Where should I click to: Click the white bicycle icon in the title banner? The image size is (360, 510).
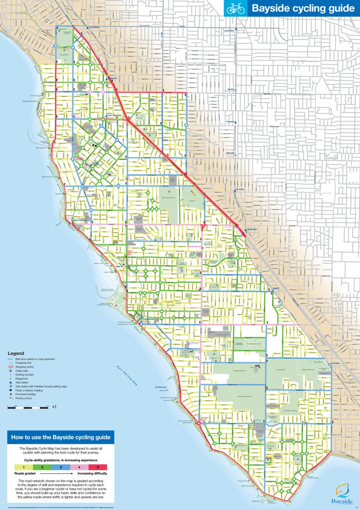pyautogui.click(x=235, y=8)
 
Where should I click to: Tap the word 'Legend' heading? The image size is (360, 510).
pyautogui.click(x=16, y=353)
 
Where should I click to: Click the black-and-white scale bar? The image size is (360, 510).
pyautogui.click(x=28, y=408)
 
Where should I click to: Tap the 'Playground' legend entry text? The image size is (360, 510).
pyautogui.click(x=22, y=379)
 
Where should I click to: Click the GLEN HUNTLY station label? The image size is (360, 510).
pyautogui.click(x=230, y=30)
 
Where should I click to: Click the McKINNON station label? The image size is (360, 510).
pyautogui.click(x=230, y=121)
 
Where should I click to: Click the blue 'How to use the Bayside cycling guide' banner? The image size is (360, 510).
pyautogui.click(x=60, y=437)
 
